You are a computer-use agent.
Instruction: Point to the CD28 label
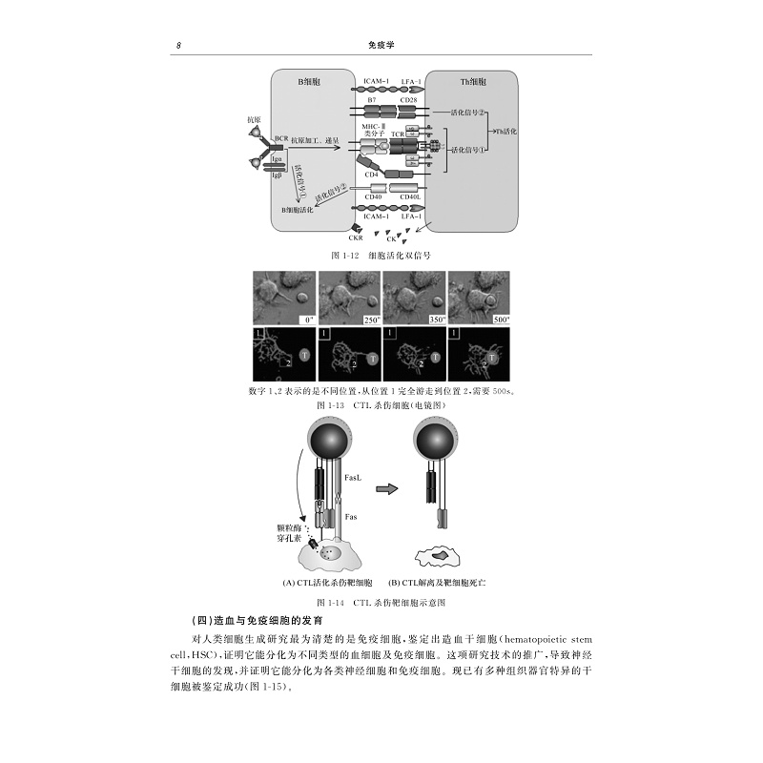coord(408,98)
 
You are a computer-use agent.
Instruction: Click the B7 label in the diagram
coord(372,98)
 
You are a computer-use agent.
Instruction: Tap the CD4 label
coord(372,175)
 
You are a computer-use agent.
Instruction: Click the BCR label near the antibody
coord(280,138)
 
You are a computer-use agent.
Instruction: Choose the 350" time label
coord(438,319)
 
